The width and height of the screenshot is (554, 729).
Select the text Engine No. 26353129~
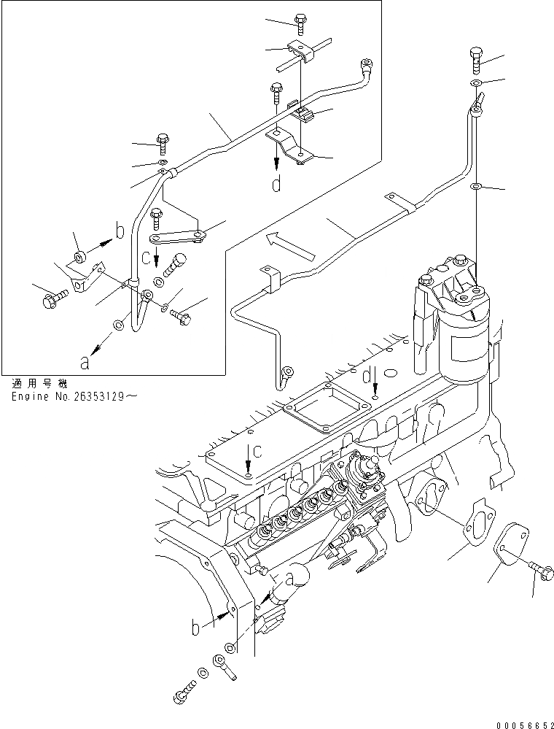tap(74, 396)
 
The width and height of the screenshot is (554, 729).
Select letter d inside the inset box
tap(276, 185)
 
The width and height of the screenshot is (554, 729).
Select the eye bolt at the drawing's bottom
tap(222, 666)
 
